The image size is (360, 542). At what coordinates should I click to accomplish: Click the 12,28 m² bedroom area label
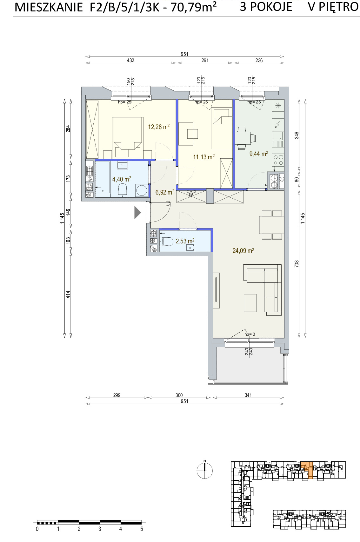click(159, 127)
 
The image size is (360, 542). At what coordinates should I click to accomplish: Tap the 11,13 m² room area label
click(203, 157)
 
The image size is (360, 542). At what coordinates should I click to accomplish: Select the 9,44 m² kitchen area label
click(258, 154)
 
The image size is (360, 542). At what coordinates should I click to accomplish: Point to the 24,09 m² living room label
click(243, 250)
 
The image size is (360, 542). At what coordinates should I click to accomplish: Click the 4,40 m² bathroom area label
click(122, 179)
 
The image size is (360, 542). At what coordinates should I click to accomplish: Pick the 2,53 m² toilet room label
click(185, 241)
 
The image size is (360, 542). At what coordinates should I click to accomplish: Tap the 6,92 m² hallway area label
click(165, 192)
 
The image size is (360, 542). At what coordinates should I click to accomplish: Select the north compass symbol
click(204, 471)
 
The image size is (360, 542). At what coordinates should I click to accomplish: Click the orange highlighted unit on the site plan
click(306, 469)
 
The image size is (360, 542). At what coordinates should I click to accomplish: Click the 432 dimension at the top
click(130, 61)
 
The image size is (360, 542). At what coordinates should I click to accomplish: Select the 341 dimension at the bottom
click(248, 395)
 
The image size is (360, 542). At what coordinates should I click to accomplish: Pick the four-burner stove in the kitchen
click(278, 160)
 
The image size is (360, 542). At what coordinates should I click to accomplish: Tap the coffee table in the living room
click(250, 303)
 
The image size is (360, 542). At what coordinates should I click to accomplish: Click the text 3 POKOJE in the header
click(266, 7)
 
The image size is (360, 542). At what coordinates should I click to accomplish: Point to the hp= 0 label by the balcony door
click(250, 334)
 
